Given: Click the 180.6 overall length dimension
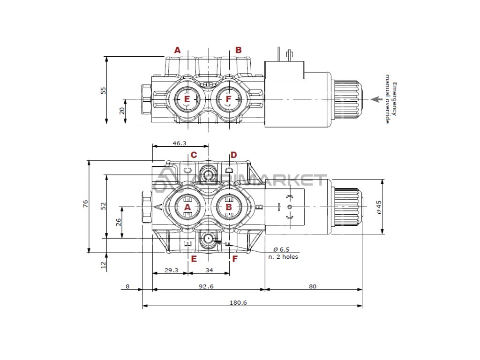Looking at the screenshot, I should (238, 303).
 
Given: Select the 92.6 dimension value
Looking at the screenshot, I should (205, 287).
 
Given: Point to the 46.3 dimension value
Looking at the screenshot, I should (179, 143).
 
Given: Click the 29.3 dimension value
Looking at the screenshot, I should (171, 270).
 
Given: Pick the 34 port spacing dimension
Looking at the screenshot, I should (209, 270).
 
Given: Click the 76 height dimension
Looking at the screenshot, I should (85, 203).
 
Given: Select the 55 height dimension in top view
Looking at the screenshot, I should (104, 90).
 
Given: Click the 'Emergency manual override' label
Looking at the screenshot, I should (391, 103).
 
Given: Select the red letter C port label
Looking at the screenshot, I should (193, 155).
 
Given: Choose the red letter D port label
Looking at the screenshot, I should (233, 155).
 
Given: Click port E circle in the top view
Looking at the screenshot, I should (187, 99).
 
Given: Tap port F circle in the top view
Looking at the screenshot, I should (228, 99).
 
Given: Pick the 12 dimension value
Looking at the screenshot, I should (104, 265).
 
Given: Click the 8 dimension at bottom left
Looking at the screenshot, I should (127, 287).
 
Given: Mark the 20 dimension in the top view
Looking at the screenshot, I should (121, 111).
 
